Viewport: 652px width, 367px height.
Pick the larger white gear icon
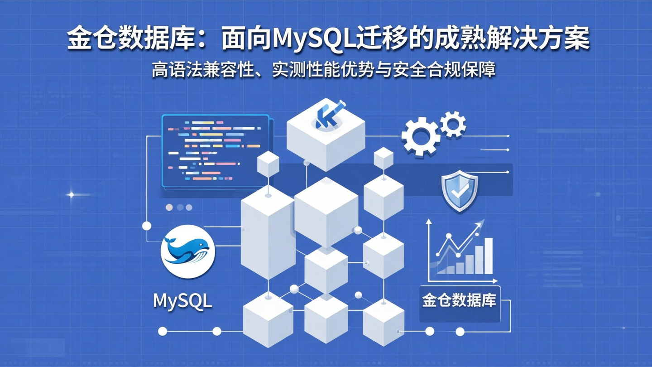tap(421, 135)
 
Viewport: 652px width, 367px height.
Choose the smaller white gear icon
tap(453, 124)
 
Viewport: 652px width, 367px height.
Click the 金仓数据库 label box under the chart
tap(460, 301)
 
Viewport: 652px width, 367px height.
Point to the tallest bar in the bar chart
tap(488, 256)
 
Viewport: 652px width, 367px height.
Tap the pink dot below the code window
tap(169, 207)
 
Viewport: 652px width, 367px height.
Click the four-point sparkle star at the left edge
tap(71, 195)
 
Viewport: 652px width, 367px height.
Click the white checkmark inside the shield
tap(460, 191)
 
